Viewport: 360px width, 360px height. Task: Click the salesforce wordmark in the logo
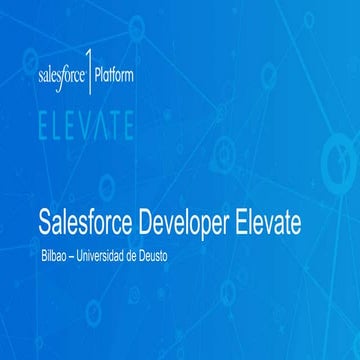coord(63,75)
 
